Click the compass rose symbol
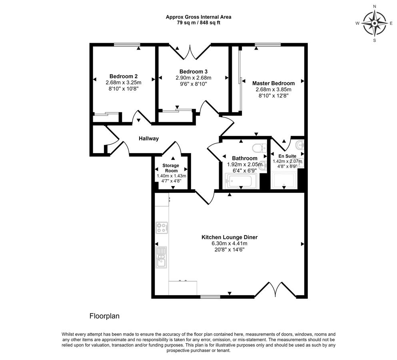tap(375, 23)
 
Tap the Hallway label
tap(149, 138)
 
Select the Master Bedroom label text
tap(273, 83)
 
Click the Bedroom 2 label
tap(124, 76)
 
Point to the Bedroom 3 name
tap(194, 72)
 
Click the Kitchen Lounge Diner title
tap(229, 237)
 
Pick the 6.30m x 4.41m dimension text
tap(229, 244)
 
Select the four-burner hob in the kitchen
tap(162, 228)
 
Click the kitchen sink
tap(161, 257)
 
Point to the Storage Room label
tap(171, 168)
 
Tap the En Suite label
tap(287, 156)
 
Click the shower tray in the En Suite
tap(284, 181)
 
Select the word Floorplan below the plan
tap(104, 316)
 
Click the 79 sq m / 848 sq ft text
tap(198, 23)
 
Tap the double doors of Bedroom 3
tap(190, 52)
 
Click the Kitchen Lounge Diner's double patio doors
tap(275, 289)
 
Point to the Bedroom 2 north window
tap(127, 45)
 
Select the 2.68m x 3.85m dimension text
tap(273, 90)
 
